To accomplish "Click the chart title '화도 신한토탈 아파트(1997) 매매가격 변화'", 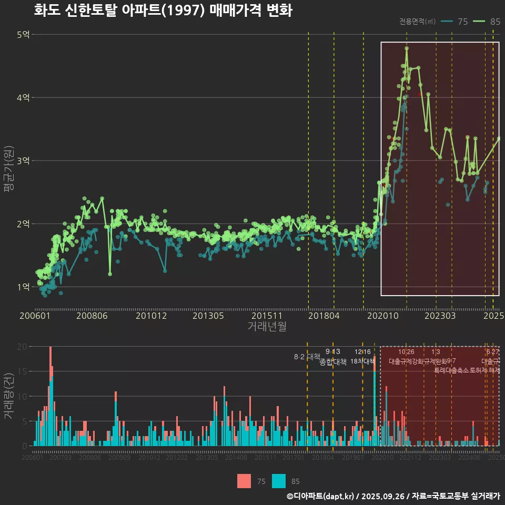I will [x=163, y=11].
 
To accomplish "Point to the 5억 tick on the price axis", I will [x=24, y=35].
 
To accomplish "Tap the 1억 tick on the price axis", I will [x=24, y=287].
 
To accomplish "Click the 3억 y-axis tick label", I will [x=24, y=161].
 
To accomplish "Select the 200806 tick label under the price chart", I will [x=92, y=316].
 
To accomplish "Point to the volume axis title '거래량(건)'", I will [x=9, y=396].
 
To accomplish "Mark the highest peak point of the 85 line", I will [x=407, y=48].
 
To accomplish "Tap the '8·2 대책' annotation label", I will [x=307, y=357].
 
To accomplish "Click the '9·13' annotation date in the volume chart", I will [x=333, y=352].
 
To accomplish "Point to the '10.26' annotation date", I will [x=406, y=352].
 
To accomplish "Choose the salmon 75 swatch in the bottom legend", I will [x=244, y=481].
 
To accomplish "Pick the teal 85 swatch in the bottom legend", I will [x=279, y=481].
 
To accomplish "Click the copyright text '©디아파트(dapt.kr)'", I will [x=321, y=496].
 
